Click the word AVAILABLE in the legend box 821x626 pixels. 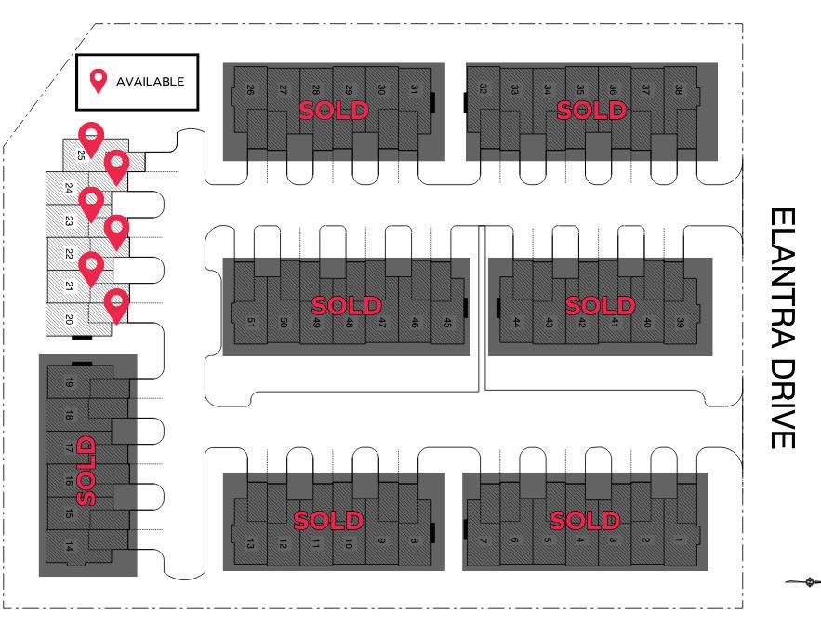(x=150, y=81)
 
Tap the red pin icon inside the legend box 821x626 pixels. (x=97, y=81)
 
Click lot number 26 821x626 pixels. (x=251, y=89)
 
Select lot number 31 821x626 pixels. (x=414, y=89)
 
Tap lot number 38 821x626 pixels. (x=679, y=89)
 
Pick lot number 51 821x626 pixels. (x=251, y=323)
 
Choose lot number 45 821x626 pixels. (x=447, y=323)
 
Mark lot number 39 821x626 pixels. (x=680, y=323)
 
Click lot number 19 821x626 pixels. (x=69, y=382)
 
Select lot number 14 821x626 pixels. (x=69, y=547)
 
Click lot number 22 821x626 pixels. (x=69, y=253)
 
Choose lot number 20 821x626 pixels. (x=69, y=319)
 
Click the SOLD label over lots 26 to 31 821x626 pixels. (x=333, y=111)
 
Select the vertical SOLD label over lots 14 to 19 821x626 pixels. (x=86, y=470)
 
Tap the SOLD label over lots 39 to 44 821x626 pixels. (x=600, y=305)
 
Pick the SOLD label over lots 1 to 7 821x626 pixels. (x=584, y=520)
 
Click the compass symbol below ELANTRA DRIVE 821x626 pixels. (x=809, y=583)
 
